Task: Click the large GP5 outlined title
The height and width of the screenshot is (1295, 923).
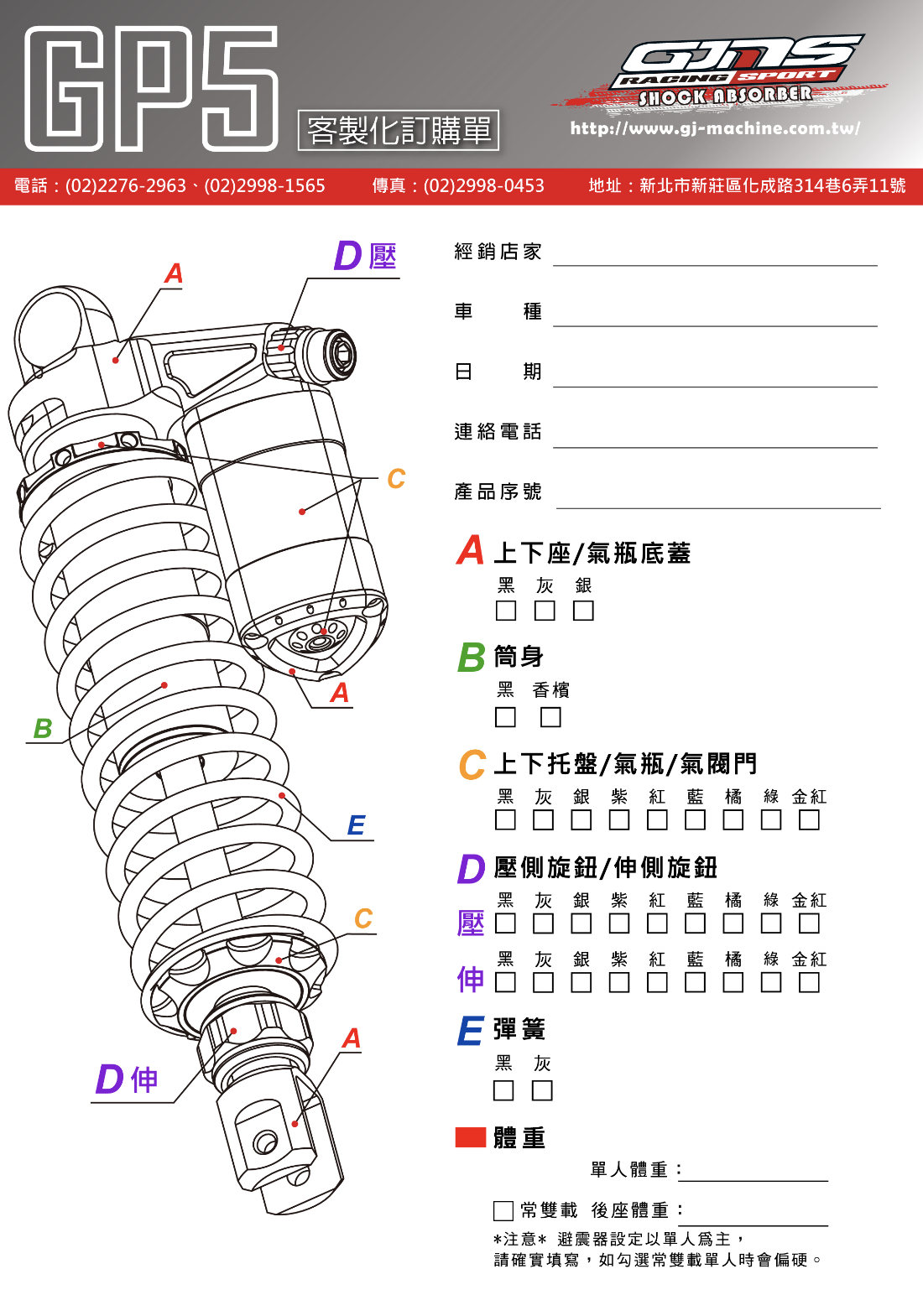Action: tap(151, 88)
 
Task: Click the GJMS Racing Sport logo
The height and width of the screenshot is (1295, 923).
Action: tap(730, 71)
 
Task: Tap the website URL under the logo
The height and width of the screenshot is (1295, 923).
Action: tap(715, 128)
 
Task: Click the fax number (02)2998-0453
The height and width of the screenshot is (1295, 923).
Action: tap(483, 185)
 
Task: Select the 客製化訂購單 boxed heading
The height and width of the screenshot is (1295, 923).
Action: tap(399, 131)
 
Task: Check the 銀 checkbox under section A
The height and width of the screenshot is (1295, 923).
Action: tap(583, 611)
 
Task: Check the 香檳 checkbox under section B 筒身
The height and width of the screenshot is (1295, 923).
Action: tap(550, 717)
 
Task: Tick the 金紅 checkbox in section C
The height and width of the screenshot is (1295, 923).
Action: tap(809, 819)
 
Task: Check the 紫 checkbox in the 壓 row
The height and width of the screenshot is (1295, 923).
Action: tap(619, 923)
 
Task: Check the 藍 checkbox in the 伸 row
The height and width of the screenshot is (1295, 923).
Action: tap(695, 982)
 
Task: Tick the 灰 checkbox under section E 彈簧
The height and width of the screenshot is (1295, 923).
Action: tap(542, 1090)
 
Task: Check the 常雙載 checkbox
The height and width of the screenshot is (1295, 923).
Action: tap(503, 1210)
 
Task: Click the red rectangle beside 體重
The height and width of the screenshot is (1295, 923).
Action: tap(470, 1137)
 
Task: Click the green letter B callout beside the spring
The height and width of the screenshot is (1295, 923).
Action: tap(43, 728)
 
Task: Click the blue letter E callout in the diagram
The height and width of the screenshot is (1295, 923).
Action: tap(356, 825)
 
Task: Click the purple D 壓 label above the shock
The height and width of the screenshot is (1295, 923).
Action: tap(365, 256)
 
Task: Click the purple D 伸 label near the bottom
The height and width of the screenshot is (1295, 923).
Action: tap(127, 1079)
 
